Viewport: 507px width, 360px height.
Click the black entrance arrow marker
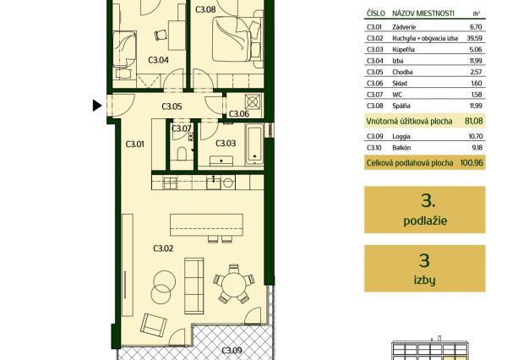97,106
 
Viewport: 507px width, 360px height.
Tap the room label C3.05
172,106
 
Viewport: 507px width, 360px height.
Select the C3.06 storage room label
239,114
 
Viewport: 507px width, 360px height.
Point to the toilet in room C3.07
182,154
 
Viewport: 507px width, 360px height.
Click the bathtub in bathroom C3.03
254,145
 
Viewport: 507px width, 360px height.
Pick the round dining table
234,285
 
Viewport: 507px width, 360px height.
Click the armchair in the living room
154,325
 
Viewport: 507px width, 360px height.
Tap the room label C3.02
163,248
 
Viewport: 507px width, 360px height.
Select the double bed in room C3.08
237,39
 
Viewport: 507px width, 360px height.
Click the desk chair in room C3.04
161,35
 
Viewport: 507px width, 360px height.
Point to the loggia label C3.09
232,351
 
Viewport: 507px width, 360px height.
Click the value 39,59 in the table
474,38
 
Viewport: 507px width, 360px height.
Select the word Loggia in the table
401,137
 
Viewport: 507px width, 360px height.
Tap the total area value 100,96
472,163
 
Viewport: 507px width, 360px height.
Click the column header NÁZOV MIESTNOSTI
423,14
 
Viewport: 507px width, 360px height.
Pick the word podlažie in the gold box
425,221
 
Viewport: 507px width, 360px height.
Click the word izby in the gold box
424,280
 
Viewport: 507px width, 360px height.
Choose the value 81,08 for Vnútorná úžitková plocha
474,122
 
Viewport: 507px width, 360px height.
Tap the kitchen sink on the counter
213,183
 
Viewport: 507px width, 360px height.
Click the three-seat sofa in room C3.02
194,286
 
